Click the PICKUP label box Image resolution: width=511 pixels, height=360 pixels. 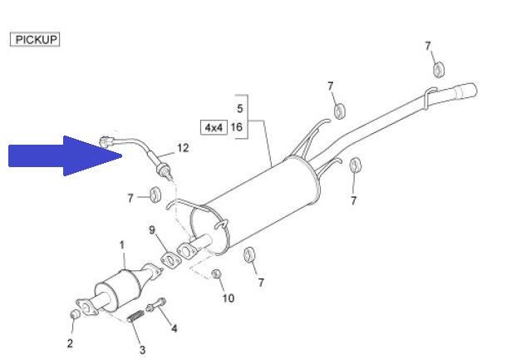[35, 39]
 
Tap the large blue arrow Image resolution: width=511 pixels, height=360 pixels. [65, 155]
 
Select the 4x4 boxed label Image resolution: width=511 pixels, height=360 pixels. [214, 127]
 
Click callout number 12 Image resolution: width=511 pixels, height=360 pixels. [183, 148]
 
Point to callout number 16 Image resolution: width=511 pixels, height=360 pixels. [237, 126]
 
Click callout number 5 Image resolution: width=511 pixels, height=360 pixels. [240, 108]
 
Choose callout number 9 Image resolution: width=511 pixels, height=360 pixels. [152, 230]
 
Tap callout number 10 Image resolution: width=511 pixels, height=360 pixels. [228, 298]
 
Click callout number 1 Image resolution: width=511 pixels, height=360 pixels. [122, 245]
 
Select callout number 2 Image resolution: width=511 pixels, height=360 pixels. [70, 343]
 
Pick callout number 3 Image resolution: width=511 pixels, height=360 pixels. [142, 350]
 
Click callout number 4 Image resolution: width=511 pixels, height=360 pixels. [174, 328]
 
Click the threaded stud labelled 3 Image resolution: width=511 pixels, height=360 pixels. [135, 316]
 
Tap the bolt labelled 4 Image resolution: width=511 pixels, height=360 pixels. [155, 305]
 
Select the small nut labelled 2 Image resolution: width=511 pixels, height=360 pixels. [76, 314]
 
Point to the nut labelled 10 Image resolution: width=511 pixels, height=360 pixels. [216, 274]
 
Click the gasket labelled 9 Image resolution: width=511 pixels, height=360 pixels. [170, 260]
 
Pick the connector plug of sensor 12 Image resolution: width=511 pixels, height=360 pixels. [106, 141]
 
